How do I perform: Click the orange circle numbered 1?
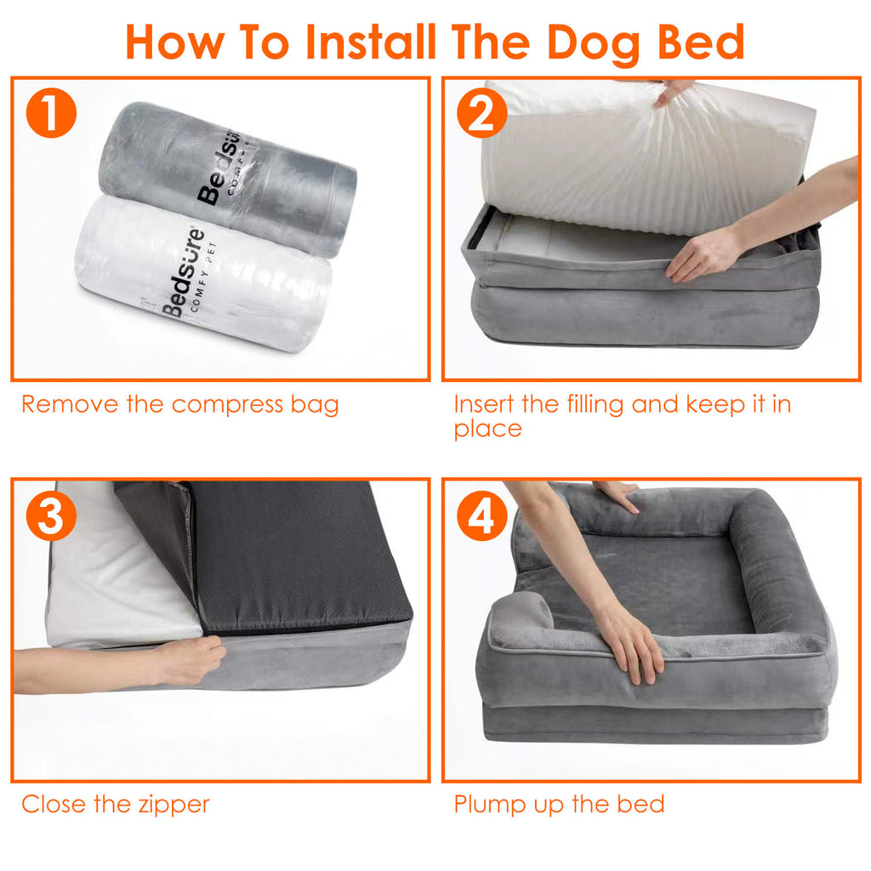pyautogui.click(x=51, y=115)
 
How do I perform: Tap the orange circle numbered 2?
pyautogui.click(x=481, y=115)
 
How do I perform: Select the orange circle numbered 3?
pyautogui.click(x=51, y=517)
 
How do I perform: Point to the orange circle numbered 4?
pyautogui.click(x=481, y=517)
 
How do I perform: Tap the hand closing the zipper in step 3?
pyautogui.click(x=191, y=659)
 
